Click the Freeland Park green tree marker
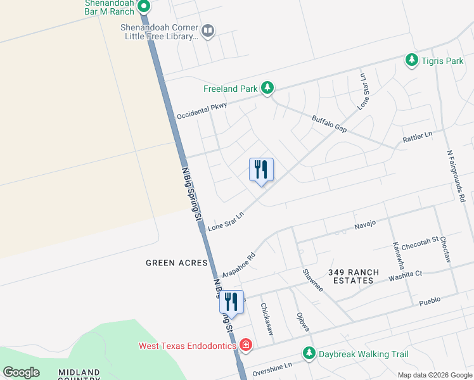coord(267,88)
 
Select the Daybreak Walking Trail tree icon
coord(309,353)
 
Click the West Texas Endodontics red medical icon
coord(246,345)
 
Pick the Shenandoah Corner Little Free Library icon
coord(208,30)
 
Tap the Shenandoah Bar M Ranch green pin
coord(144,8)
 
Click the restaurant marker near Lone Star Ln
coord(260,170)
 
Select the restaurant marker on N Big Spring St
coord(231,303)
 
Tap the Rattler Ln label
coord(417,136)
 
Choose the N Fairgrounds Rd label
coord(455,177)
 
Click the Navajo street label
coord(365,224)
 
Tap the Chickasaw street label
coord(267,318)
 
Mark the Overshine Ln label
coord(272,367)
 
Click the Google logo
coord(21,372)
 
